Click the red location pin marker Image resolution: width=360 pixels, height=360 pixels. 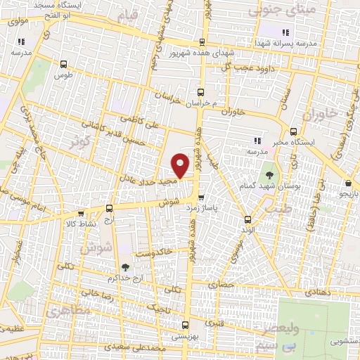click(x=181, y=165)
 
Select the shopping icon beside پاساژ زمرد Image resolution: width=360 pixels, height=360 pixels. click(x=202, y=198)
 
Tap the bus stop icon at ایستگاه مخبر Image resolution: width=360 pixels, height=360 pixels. click(x=293, y=131)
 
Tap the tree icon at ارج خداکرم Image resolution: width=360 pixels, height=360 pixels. click(x=124, y=266)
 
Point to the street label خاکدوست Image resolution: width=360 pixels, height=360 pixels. click(x=152, y=252)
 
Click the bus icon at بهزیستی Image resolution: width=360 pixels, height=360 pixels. click(x=185, y=325)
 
